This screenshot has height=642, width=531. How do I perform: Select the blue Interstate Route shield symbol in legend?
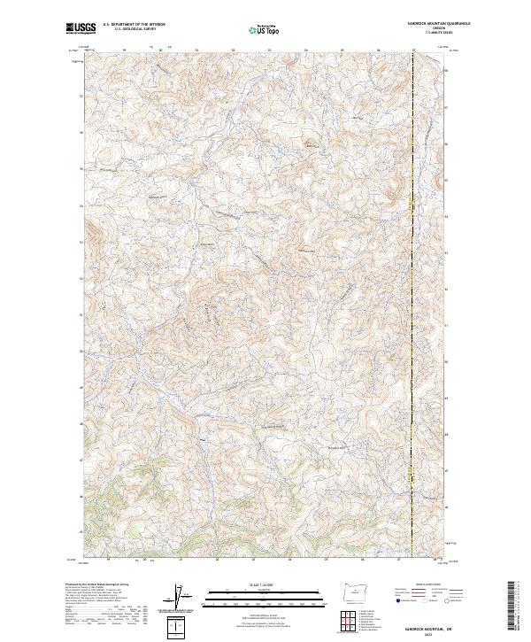(x=397, y=599)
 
